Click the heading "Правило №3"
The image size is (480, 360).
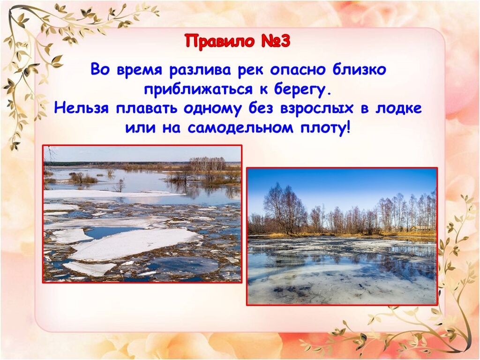237,41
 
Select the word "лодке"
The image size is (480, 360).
398,108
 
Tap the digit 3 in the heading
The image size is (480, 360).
284,41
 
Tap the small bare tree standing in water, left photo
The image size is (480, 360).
120,186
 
